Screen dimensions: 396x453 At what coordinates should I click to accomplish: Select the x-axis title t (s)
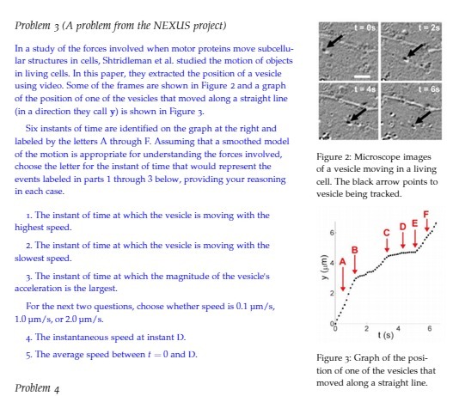(x=390, y=334)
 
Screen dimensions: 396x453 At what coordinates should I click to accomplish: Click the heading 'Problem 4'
(x=37, y=388)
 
